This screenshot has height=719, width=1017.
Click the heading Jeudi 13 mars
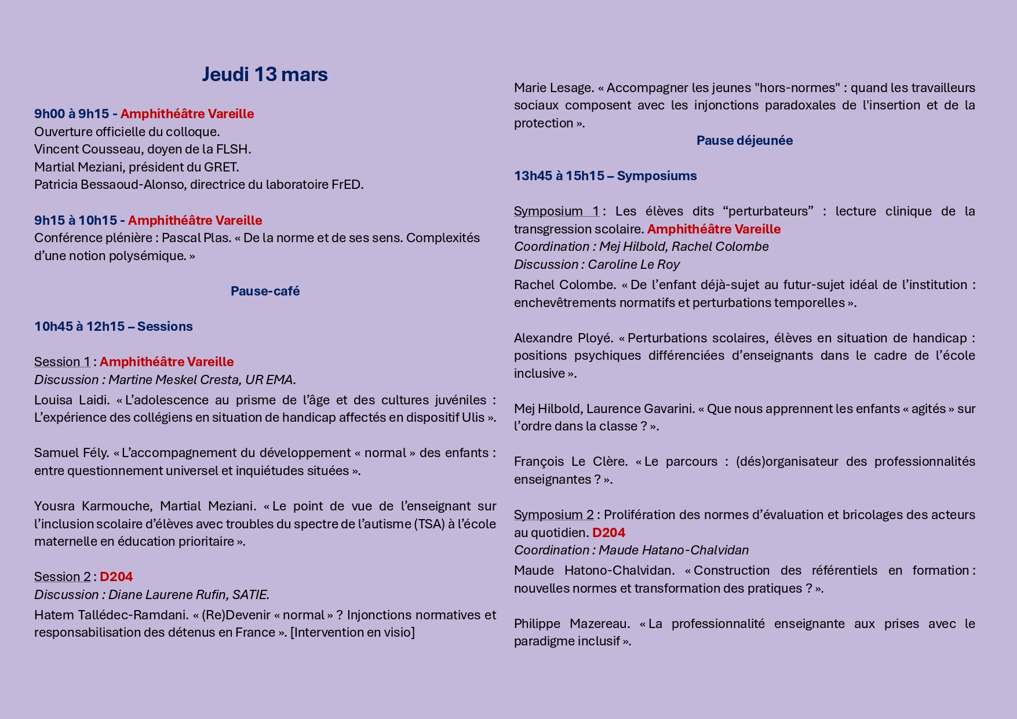[265, 75]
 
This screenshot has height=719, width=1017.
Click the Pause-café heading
[265, 291]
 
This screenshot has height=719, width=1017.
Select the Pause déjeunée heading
[744, 141]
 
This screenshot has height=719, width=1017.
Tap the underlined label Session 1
[62, 362]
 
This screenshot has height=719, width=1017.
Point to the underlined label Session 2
[62, 577]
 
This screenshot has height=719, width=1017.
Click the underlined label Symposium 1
[556, 211]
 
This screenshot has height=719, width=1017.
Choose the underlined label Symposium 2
[553, 515]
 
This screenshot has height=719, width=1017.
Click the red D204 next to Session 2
[116, 577]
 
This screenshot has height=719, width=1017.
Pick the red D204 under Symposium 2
[608, 533]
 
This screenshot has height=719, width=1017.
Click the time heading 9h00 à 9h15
[71, 114]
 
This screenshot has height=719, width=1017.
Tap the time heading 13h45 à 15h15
[559, 176]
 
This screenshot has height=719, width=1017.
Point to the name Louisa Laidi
[71, 400]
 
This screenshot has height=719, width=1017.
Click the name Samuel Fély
[71, 453]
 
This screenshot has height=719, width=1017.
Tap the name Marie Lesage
[553, 88]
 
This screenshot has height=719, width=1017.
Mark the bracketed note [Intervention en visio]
[352, 633]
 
